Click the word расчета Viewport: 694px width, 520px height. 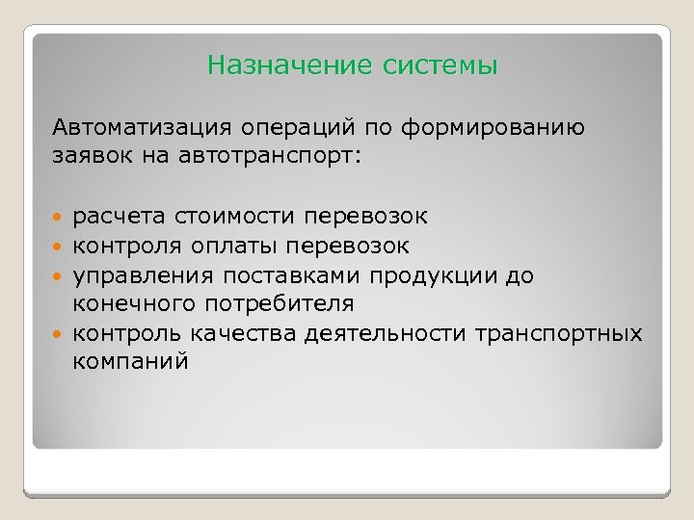click(117, 219)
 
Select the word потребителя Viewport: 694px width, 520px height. click(277, 304)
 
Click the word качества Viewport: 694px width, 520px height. click(252, 333)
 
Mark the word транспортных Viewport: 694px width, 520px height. click(560, 333)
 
